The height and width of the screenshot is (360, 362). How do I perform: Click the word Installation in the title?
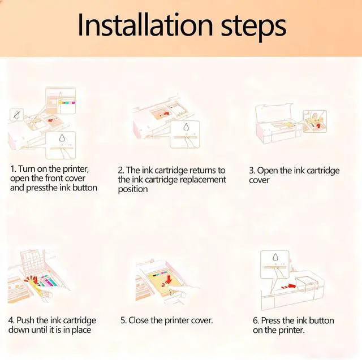click(x=145, y=25)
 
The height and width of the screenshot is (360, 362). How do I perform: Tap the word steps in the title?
click(x=253, y=28)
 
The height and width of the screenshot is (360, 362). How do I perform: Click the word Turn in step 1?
click(x=27, y=169)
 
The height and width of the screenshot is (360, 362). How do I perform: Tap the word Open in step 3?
click(x=268, y=171)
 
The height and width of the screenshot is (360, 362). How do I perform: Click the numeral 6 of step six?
click(x=255, y=320)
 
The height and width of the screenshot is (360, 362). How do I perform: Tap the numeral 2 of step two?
click(x=120, y=171)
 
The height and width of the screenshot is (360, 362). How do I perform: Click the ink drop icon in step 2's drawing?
click(x=186, y=127)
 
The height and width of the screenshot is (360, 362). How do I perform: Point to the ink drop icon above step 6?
click(x=275, y=257)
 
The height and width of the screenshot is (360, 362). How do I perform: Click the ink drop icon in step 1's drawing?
click(x=62, y=138)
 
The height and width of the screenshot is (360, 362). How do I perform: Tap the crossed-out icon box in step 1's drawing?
click(x=16, y=115)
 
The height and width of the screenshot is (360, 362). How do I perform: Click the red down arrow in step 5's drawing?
click(x=169, y=279)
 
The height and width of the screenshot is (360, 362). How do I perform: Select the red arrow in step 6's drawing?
click(x=289, y=286)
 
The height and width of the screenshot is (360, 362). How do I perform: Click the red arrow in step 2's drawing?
click(x=166, y=114)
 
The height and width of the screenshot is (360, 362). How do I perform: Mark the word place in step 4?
click(x=81, y=330)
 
